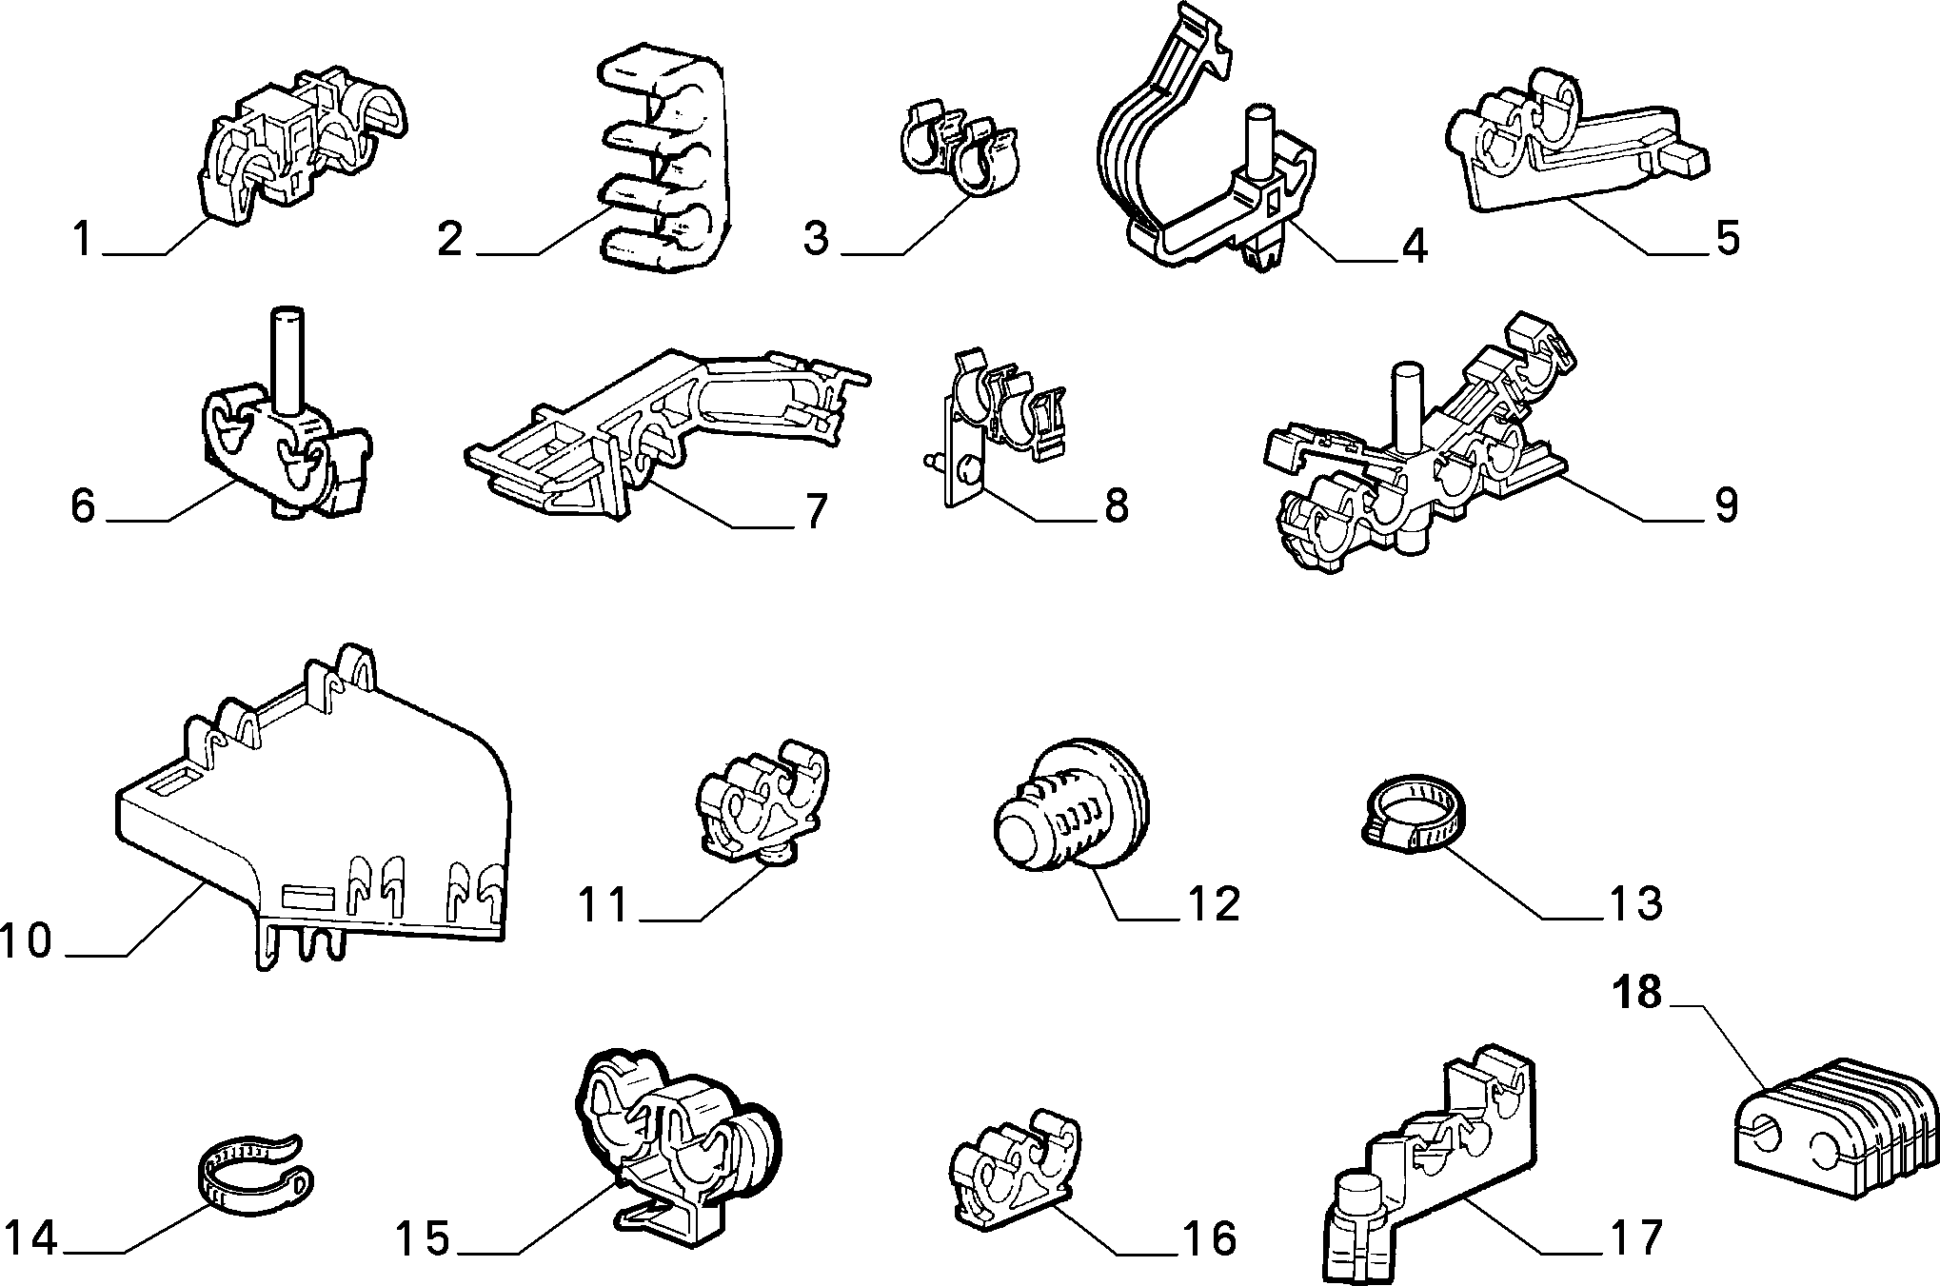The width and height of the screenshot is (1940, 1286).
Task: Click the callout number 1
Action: [x=83, y=238]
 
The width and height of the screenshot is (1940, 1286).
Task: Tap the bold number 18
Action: [x=1636, y=993]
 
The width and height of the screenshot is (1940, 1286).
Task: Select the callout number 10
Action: [x=26, y=940]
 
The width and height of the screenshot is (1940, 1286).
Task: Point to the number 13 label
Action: [x=1635, y=902]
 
